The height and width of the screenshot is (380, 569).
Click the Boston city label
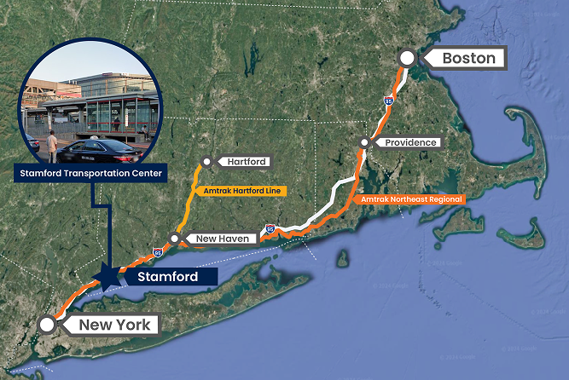pos(468,59)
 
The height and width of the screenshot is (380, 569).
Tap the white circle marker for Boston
pos(408,58)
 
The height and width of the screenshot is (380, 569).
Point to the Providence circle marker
pos(364,142)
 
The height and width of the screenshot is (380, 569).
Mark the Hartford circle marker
pos(207,161)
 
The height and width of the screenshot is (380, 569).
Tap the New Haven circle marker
pos(174,239)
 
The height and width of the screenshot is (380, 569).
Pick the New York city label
pos(114,325)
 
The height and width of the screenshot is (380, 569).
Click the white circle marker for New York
pos(48,325)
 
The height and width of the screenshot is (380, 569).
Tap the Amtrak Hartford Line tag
pos(241,191)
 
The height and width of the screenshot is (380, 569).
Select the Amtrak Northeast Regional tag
pos(411,199)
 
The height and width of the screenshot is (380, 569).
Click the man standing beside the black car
pos(50,144)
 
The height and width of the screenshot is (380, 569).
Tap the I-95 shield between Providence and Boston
pos(388,101)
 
